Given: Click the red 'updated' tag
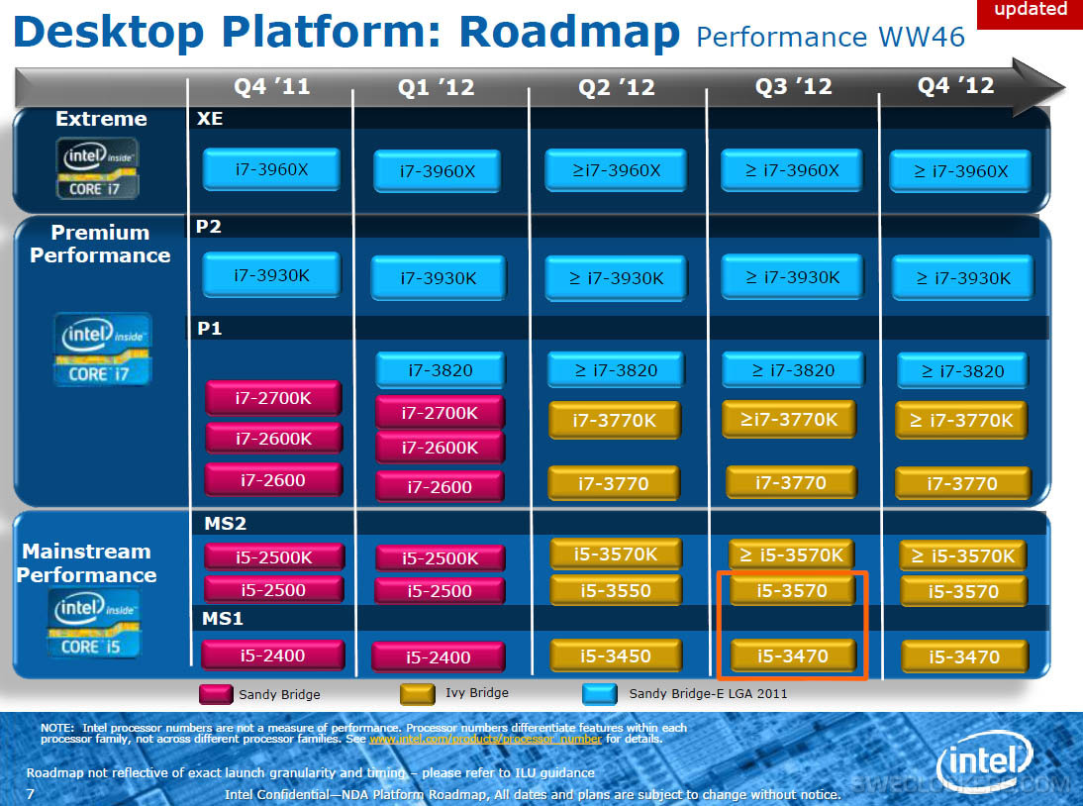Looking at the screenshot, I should pyautogui.click(x=1030, y=11).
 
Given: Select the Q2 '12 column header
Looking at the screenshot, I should pyautogui.click(x=617, y=87).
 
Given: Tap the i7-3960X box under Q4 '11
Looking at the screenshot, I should pyautogui.click(x=271, y=169).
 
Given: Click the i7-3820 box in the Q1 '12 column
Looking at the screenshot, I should pyautogui.click(x=440, y=370).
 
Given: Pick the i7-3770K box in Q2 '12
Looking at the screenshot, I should pyautogui.click(x=615, y=420).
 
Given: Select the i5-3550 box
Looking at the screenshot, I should pyautogui.click(x=615, y=591).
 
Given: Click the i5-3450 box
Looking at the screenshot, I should pyautogui.click(x=615, y=655).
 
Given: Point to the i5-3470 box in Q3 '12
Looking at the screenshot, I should pyautogui.click(x=792, y=655).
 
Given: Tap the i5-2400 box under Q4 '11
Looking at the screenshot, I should pyautogui.click(x=272, y=655).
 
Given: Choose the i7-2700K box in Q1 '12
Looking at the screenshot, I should pyautogui.click(x=440, y=413).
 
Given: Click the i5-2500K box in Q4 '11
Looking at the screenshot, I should pyautogui.click(x=273, y=557).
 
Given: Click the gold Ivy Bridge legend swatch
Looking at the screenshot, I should pyautogui.click(x=417, y=694).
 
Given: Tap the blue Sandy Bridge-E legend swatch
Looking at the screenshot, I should pyautogui.click(x=600, y=694).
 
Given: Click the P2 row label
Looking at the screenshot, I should pyautogui.click(x=208, y=227).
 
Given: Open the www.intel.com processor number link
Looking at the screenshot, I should pyautogui.click(x=485, y=739).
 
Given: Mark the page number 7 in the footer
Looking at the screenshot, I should pyautogui.click(x=30, y=793).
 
